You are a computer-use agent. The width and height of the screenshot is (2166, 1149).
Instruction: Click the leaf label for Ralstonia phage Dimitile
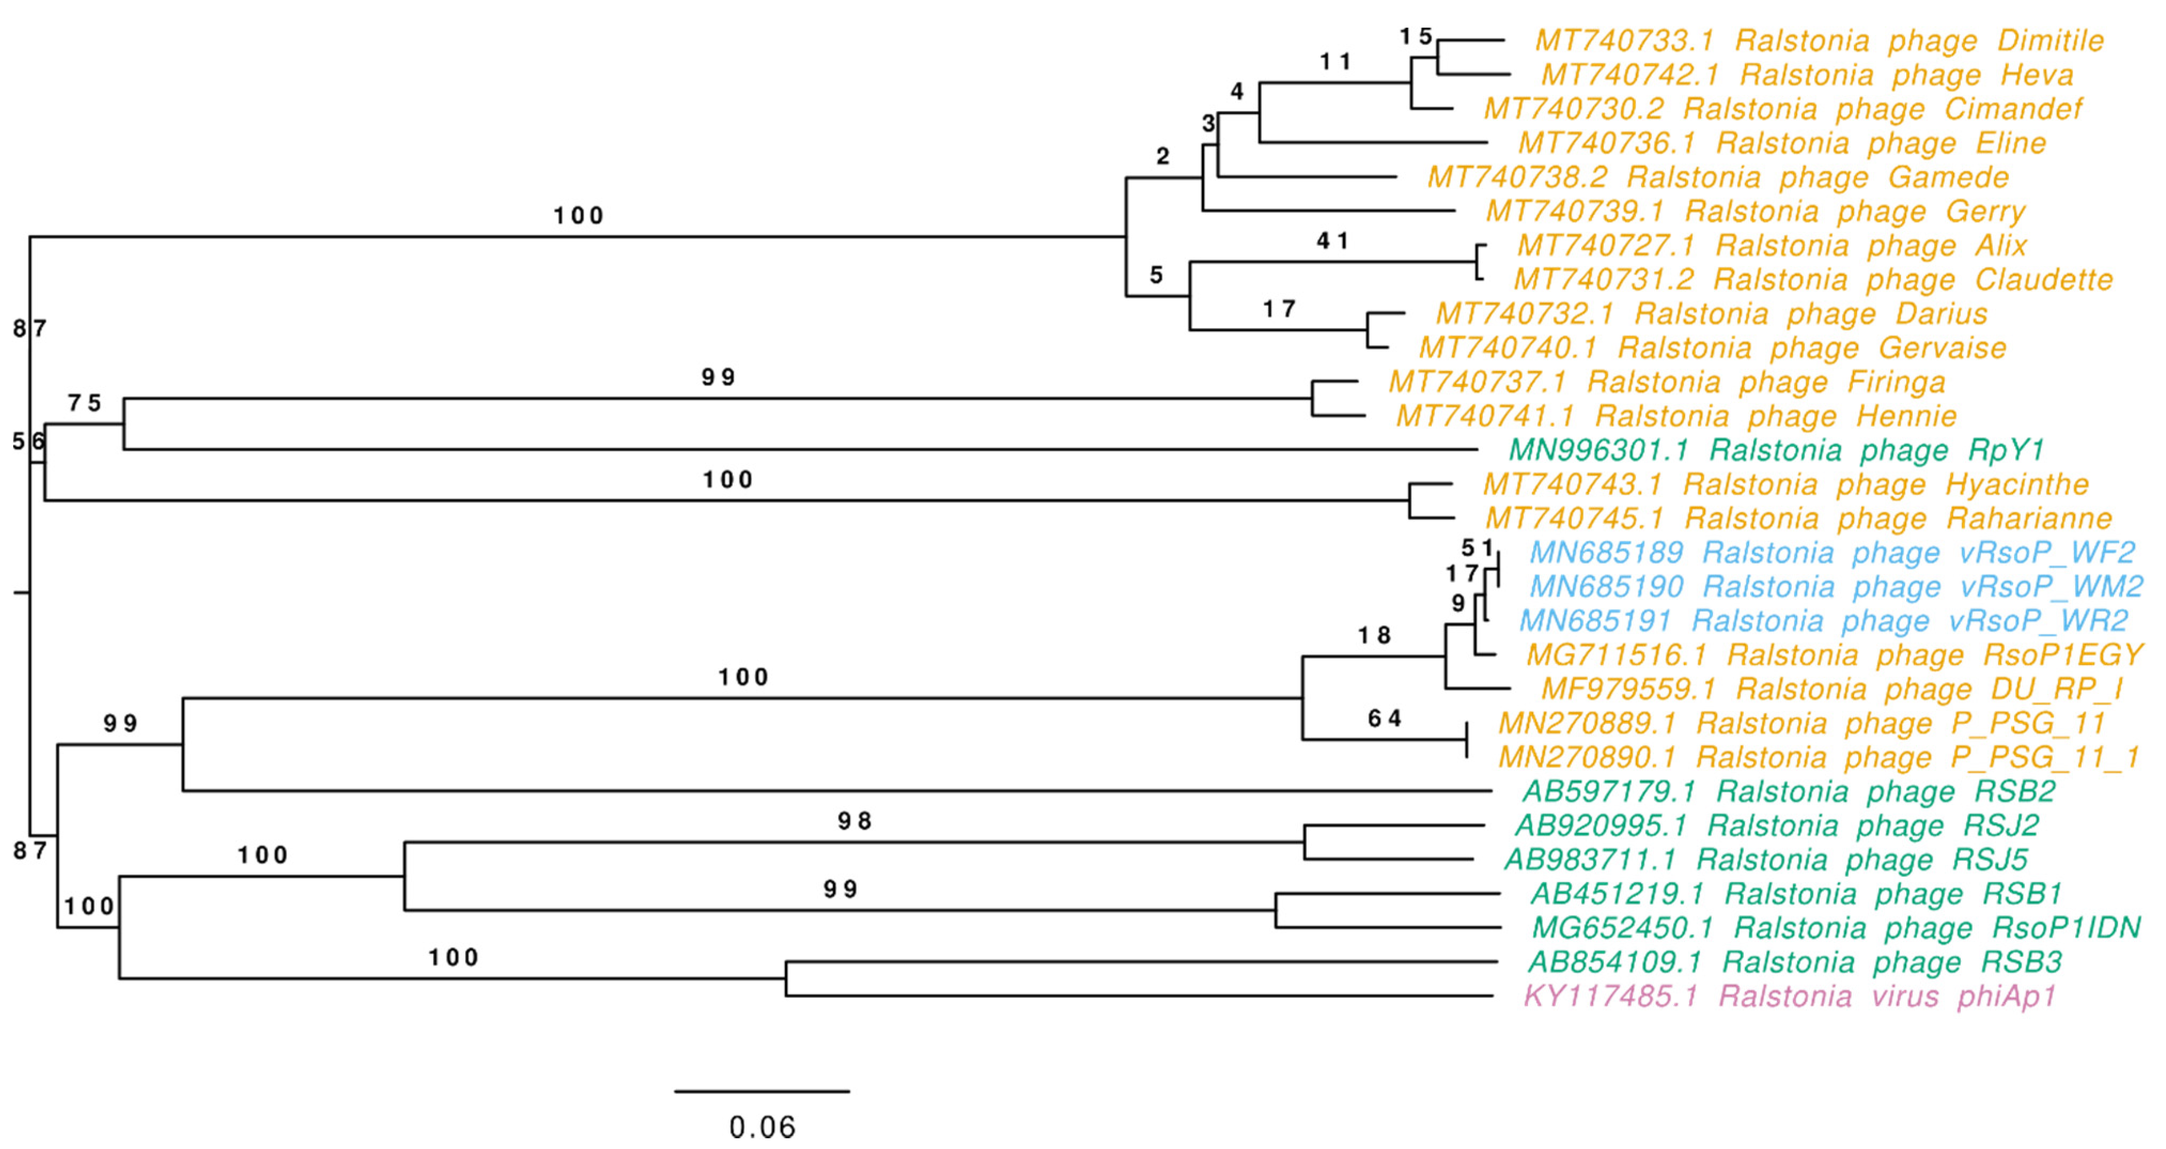(1819, 41)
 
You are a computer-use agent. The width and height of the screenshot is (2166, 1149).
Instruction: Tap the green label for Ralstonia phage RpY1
(1776, 450)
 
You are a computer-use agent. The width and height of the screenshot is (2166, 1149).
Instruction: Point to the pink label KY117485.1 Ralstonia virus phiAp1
(1789, 996)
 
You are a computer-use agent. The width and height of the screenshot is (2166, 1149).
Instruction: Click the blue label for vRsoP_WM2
(1836, 587)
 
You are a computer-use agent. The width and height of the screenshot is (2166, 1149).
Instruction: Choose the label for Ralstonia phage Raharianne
(1798, 518)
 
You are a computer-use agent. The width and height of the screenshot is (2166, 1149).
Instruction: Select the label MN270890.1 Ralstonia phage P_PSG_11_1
(1819, 757)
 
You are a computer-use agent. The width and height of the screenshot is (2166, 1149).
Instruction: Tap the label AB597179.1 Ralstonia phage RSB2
(1789, 791)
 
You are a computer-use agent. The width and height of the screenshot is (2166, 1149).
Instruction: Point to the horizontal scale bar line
(762, 1091)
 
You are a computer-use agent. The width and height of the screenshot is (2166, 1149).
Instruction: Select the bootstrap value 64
(1384, 719)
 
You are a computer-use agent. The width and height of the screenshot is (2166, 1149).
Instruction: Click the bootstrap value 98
(855, 821)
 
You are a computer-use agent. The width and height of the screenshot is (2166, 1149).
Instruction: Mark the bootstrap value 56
(28, 441)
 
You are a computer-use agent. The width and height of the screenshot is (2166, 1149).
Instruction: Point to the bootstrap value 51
(1477, 549)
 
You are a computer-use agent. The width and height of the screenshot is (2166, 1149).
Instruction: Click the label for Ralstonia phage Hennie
(1676, 415)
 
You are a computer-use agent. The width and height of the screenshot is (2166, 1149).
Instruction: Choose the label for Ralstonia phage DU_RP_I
(1832, 689)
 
